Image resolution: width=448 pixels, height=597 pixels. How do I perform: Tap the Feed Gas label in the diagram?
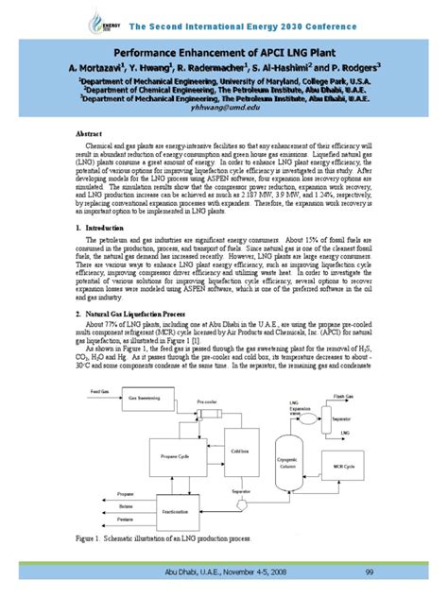98,389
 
